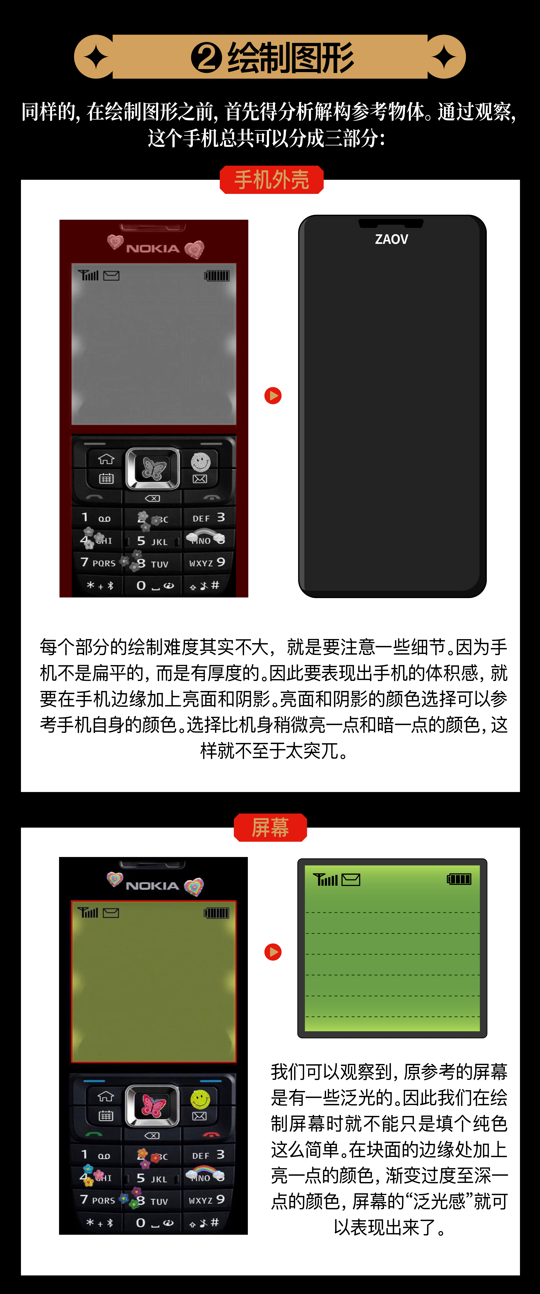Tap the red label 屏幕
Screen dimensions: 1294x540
[270, 827]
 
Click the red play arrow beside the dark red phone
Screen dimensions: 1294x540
[273, 396]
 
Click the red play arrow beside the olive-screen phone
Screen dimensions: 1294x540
[273, 952]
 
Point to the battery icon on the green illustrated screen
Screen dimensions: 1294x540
[459, 879]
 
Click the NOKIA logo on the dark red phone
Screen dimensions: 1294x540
[153, 249]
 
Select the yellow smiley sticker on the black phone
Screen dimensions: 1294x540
[200, 1099]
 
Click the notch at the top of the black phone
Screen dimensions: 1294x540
[391, 223]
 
